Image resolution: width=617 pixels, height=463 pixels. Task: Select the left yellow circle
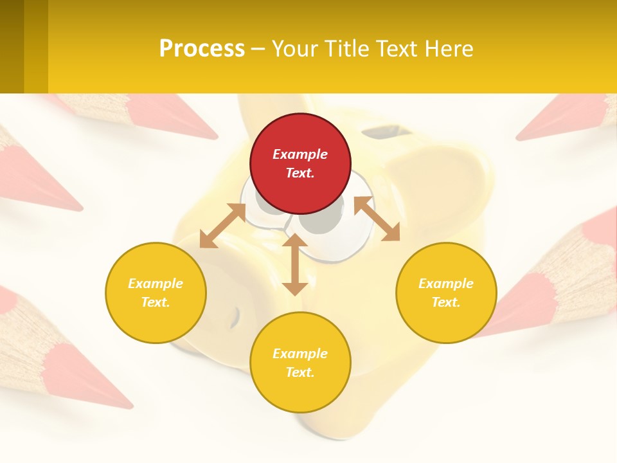tap(156, 293)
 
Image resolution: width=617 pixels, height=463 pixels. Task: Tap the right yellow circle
tap(446, 293)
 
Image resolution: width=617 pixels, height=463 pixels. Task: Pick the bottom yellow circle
tap(300, 363)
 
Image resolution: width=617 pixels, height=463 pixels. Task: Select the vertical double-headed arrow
tap(295, 264)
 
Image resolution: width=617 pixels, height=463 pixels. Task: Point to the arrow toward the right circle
tap(377, 219)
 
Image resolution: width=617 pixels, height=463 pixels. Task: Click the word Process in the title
tap(202, 49)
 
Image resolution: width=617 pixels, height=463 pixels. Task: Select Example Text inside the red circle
tap(300, 163)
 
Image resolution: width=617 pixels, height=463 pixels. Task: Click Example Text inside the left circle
tap(156, 293)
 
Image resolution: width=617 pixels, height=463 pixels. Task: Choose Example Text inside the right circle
tap(446, 293)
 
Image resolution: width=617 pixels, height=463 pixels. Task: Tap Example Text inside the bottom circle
tap(300, 363)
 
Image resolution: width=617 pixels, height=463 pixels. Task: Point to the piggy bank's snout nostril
tap(235, 315)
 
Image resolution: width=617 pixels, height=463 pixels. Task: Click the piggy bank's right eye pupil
tap(321, 222)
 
